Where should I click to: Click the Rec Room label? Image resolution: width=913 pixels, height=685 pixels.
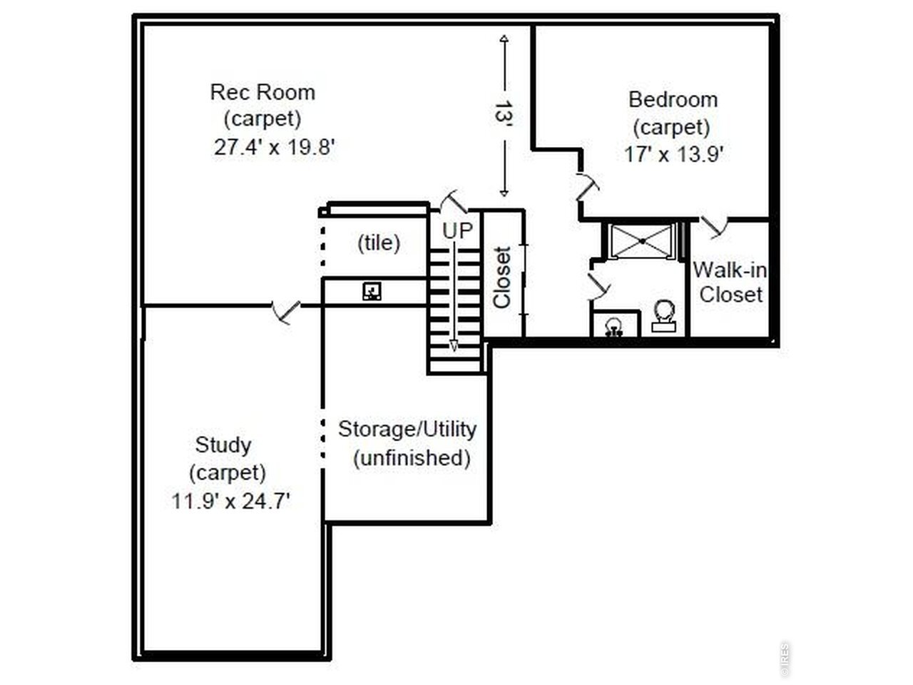tap(262, 92)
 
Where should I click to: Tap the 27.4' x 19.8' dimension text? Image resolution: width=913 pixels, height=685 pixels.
tap(275, 147)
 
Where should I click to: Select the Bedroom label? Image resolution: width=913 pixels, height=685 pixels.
tap(673, 100)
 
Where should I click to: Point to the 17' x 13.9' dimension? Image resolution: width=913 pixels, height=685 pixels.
tap(674, 154)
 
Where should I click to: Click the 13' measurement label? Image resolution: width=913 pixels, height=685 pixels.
tap(504, 113)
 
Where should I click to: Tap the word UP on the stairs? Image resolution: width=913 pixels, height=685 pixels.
tap(457, 230)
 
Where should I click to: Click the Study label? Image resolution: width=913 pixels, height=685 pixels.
tap(223, 445)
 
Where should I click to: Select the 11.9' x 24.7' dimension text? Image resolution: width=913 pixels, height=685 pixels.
tap(230, 501)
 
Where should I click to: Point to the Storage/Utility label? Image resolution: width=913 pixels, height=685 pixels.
tap(407, 430)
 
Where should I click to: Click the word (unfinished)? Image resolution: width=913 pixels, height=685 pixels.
tap(412, 458)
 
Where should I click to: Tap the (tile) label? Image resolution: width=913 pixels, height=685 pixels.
tap(379, 243)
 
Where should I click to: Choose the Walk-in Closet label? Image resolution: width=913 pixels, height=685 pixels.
tap(730, 283)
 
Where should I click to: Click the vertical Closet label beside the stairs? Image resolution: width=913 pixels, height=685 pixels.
tap(501, 278)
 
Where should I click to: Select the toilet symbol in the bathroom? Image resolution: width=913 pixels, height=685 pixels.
tap(663, 315)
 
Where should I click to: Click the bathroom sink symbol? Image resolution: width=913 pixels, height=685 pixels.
tap(613, 327)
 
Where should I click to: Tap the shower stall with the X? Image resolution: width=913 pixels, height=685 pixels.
tap(642, 241)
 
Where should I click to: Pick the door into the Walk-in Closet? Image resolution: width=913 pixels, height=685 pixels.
tap(714, 227)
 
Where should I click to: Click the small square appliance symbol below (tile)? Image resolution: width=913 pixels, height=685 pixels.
tap(372, 291)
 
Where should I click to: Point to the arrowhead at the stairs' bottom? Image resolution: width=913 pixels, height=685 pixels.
tap(454, 347)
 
